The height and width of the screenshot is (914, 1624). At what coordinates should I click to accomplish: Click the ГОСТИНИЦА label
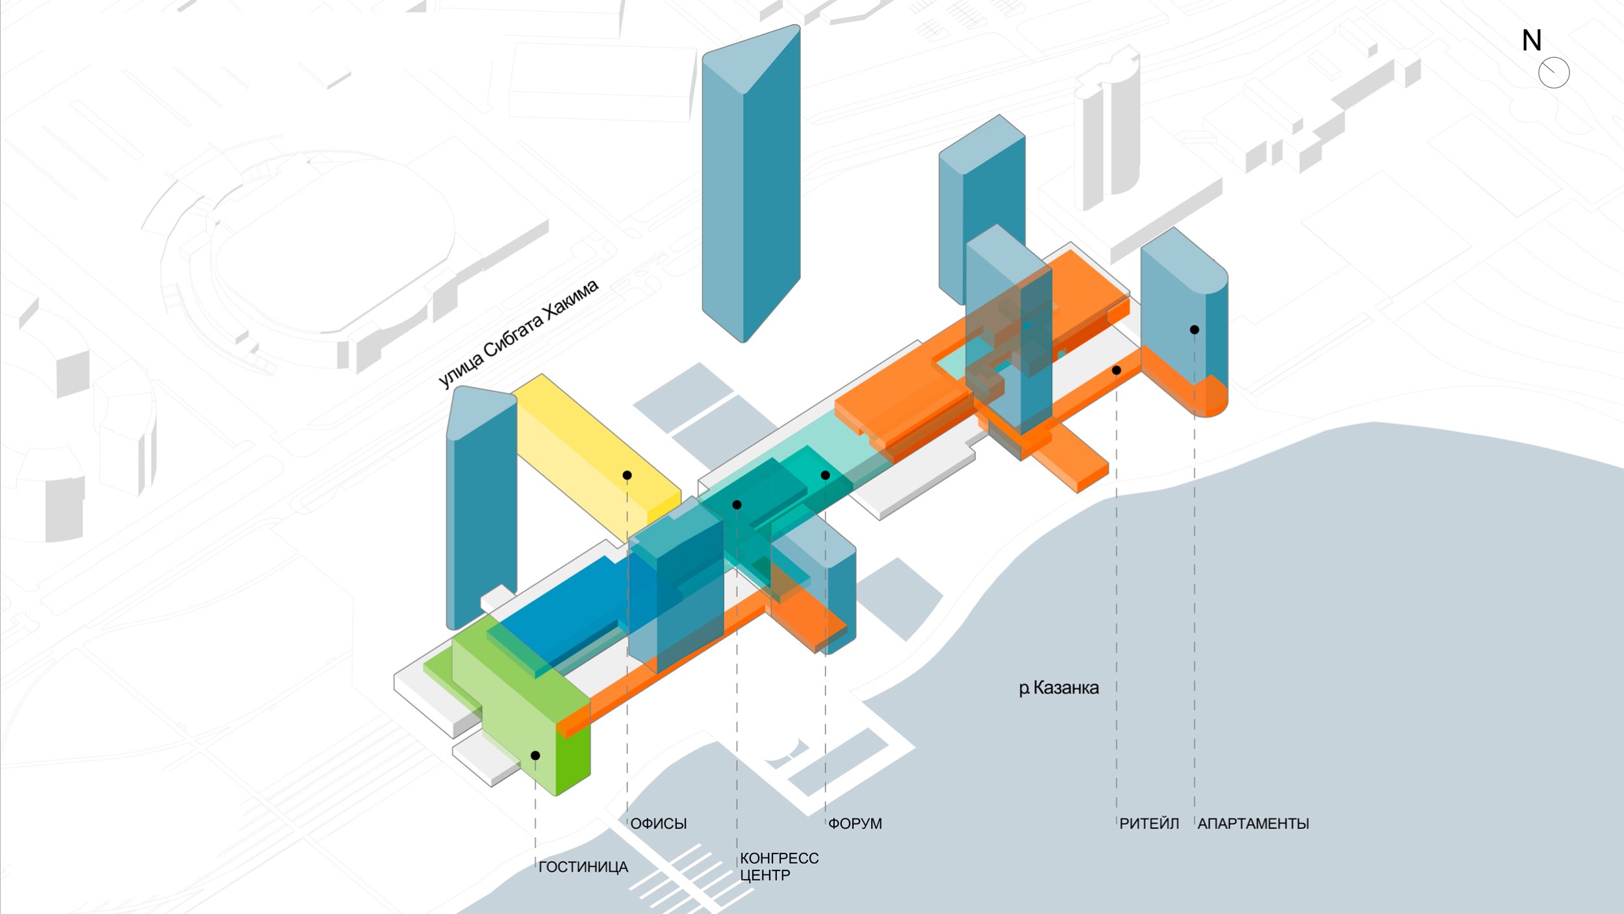583,867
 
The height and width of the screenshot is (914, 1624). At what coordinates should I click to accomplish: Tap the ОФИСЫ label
658,823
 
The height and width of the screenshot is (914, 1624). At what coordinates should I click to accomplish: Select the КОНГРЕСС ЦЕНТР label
778,867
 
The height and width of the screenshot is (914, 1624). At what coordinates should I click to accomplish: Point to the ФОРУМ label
855,823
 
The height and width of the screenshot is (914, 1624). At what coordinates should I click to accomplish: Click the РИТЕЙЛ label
1148,823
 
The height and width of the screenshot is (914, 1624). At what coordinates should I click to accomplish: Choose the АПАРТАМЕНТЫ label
1252,823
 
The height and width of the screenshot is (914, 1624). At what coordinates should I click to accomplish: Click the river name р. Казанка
1058,688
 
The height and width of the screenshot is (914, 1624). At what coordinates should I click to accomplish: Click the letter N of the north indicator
1531,41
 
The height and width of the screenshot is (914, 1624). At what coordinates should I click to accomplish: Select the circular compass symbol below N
1554,72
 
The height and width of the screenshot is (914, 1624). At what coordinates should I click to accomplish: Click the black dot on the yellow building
627,475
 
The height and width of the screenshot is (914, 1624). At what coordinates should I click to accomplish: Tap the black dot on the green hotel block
535,755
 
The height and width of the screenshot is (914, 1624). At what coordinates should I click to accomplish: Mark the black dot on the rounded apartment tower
1194,330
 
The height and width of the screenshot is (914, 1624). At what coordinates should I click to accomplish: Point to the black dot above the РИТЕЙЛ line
1116,370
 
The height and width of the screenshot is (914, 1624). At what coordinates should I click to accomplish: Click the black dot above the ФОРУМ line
825,475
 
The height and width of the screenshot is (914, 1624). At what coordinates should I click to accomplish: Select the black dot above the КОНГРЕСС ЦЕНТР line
737,504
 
